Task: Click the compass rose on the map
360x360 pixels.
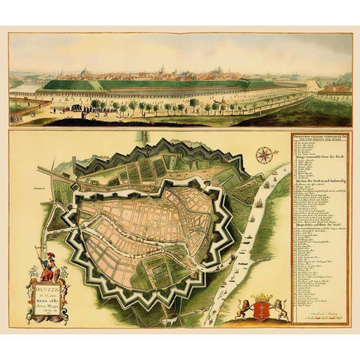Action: click(x=263, y=155)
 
